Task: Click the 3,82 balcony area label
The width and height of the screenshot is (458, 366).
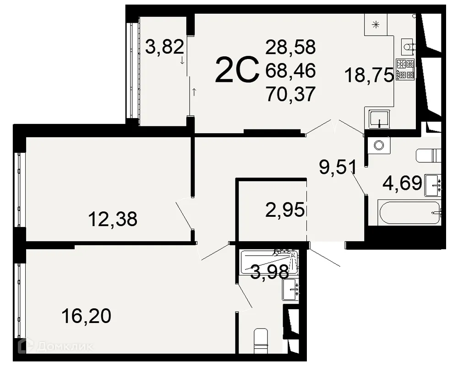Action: (164, 47)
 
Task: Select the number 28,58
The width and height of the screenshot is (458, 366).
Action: (290, 47)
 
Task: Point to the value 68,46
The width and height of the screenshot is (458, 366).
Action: (290, 70)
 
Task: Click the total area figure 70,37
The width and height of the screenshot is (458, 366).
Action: (290, 94)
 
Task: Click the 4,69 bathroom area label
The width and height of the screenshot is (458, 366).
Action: (402, 184)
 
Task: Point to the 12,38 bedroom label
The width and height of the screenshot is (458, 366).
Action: (113, 220)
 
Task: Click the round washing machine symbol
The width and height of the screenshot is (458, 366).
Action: (378, 145)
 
